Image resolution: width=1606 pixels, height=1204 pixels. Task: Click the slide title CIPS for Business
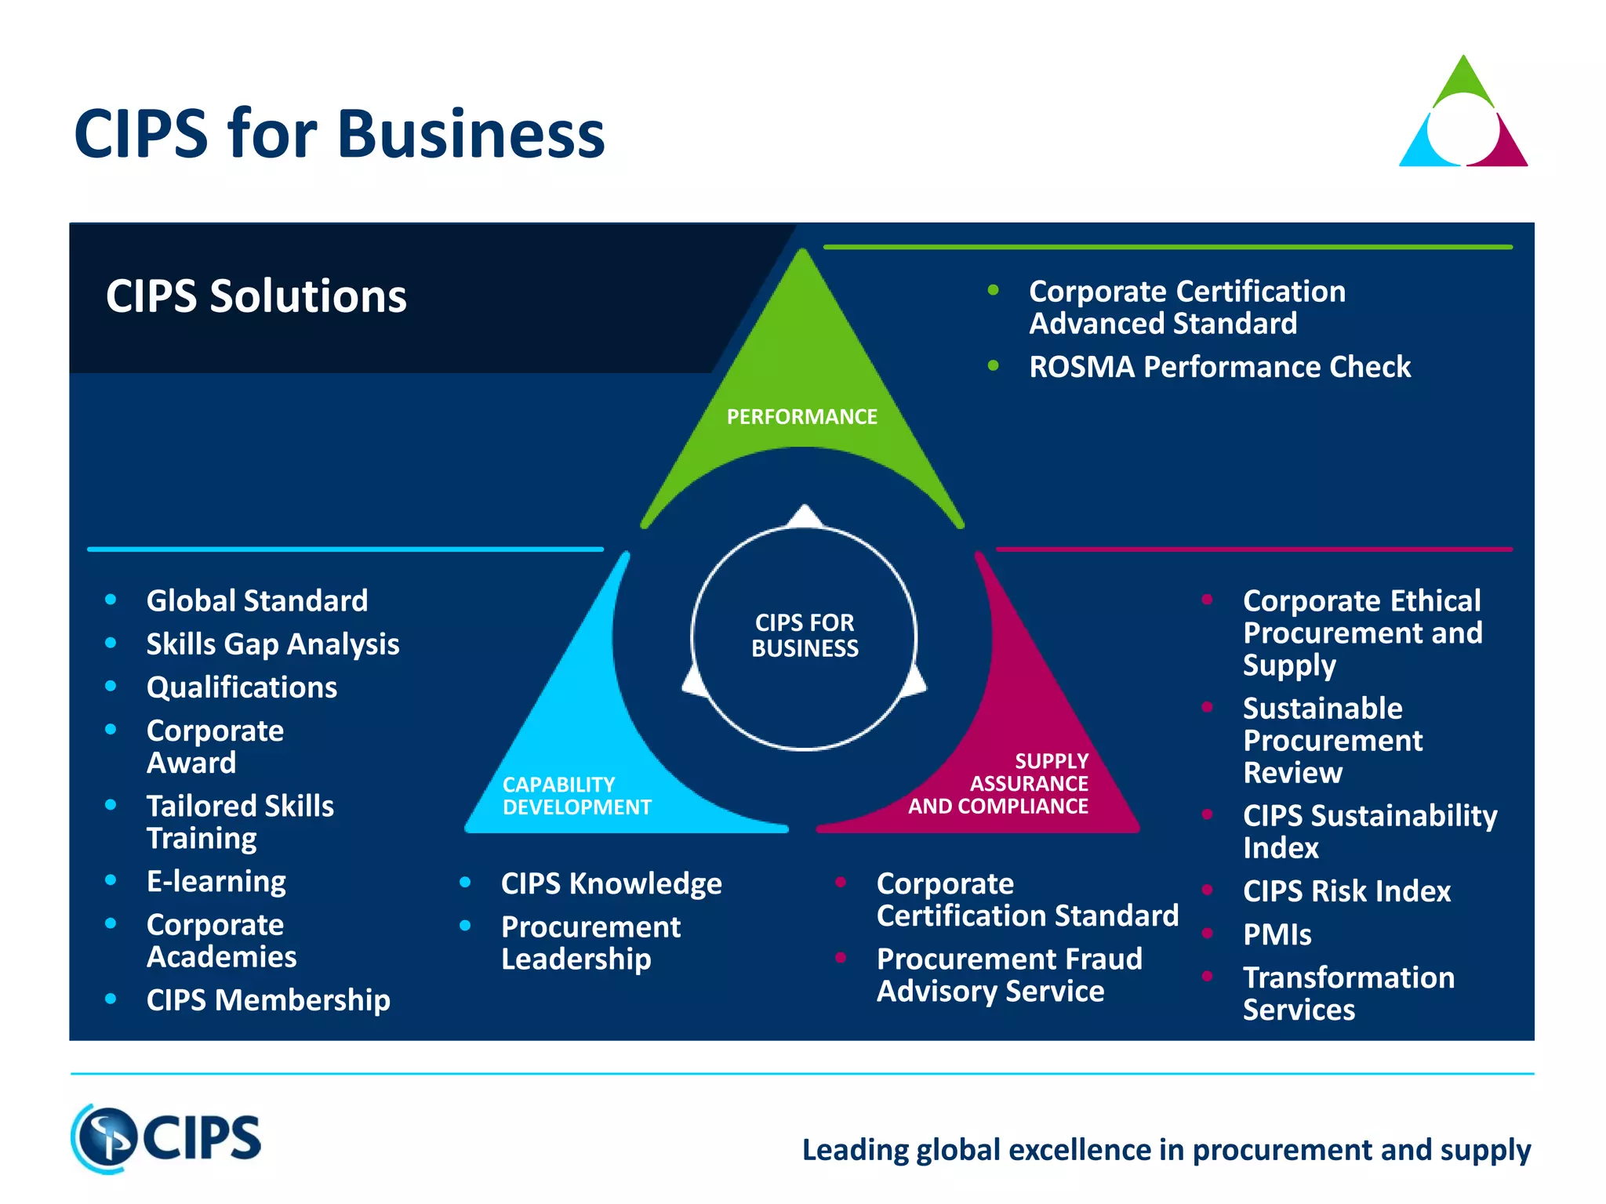click(x=339, y=135)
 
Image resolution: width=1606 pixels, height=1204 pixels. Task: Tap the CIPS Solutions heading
click(x=256, y=296)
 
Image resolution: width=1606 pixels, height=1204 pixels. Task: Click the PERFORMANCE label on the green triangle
click(x=801, y=417)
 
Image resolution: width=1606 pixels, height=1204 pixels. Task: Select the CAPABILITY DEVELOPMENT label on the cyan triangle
click(x=576, y=796)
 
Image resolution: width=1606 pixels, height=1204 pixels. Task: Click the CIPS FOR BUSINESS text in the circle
click(x=805, y=636)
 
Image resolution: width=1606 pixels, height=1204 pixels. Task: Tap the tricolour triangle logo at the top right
click(x=1463, y=114)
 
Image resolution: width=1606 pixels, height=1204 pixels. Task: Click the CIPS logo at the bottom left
click(x=166, y=1138)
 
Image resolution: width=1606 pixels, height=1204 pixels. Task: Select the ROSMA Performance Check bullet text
click(x=1219, y=367)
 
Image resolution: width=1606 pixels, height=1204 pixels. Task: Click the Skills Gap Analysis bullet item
click(x=273, y=644)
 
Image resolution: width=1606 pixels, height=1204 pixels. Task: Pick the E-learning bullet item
click(x=216, y=882)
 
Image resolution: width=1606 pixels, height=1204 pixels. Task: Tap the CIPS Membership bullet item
click(x=268, y=1000)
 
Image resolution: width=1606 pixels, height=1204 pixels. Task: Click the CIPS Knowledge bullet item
click(x=611, y=884)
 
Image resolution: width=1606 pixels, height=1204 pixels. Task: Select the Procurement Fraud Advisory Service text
click(x=1008, y=975)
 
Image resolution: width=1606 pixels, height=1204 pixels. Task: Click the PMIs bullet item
click(x=1277, y=935)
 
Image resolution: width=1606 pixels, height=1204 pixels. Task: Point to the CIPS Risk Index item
click(x=1346, y=891)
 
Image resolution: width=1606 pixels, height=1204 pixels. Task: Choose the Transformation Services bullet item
click(x=1348, y=993)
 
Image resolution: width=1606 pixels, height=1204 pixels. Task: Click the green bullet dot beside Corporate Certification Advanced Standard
click(x=993, y=291)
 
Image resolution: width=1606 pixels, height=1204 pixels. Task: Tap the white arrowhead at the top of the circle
click(x=805, y=516)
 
